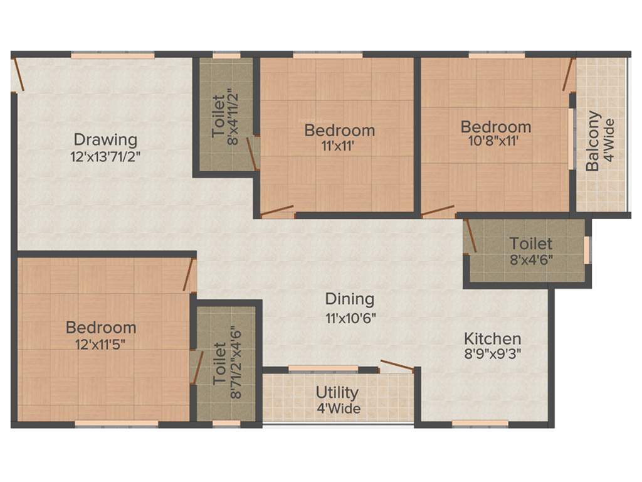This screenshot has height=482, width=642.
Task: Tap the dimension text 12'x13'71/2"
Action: click(105, 156)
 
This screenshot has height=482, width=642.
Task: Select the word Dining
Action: click(349, 299)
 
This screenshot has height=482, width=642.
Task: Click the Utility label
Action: click(337, 393)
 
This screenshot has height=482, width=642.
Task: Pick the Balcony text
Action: click(593, 141)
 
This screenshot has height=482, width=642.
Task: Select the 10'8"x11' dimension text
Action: click(495, 142)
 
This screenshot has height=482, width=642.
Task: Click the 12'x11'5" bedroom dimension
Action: click(101, 344)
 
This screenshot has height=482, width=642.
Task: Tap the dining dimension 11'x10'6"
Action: click(349, 317)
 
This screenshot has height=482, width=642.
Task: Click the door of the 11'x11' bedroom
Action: click(276, 210)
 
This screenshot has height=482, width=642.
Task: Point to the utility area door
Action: click(396, 366)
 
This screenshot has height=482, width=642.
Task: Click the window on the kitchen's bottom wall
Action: click(480, 424)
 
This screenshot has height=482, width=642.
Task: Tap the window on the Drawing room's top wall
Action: click(112, 55)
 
